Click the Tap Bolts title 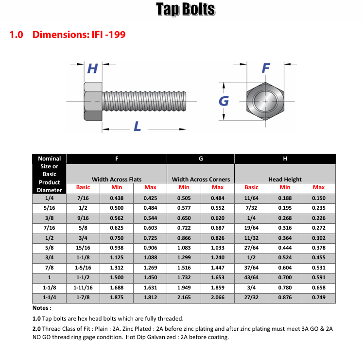pyautogui.click(x=185, y=9)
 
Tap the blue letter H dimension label pyautogui.click(x=92, y=69)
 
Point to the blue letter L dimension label pyautogui.click(x=138, y=127)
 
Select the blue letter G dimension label pyautogui.click(x=224, y=101)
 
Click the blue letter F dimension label pyautogui.click(x=265, y=68)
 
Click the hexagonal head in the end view pyautogui.click(x=265, y=101)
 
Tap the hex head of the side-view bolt pyautogui.click(x=92, y=101)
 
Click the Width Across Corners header pyautogui.click(x=201, y=179)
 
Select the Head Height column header pyautogui.click(x=285, y=179)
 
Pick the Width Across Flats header pyautogui.click(x=117, y=179)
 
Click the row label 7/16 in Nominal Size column pyautogui.click(x=49, y=228)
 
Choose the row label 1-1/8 pyautogui.click(x=49, y=287)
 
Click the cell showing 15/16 pyautogui.click(x=83, y=248)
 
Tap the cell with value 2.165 pyautogui.click(x=184, y=297)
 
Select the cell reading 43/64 pyautogui.click(x=251, y=277)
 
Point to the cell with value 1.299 pyautogui.click(x=184, y=257)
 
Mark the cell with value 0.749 pyautogui.click(x=319, y=297)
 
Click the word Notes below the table pyautogui.click(x=42, y=308)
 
